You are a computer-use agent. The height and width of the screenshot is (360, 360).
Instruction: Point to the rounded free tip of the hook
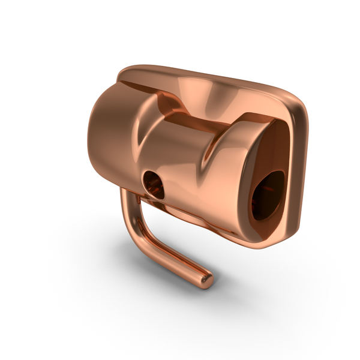205,280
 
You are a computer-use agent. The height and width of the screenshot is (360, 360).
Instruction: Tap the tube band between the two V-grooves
177,162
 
